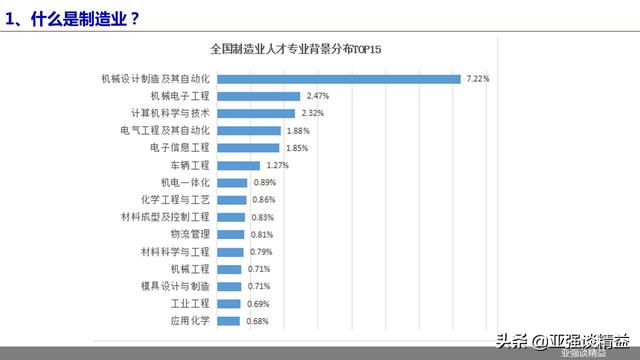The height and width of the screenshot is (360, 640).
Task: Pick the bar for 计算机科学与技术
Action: pos(254,113)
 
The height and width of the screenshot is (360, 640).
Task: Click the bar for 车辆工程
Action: pos(238,165)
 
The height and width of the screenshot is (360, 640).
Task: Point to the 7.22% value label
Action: pos(478,78)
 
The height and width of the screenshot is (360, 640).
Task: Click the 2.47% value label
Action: pos(317,96)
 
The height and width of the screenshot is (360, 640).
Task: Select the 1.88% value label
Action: pos(297,130)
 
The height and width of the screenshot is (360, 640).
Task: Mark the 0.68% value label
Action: pos(258,321)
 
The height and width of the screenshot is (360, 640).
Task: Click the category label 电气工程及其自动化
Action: pos(166,130)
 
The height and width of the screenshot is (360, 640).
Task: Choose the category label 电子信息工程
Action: pos(180,148)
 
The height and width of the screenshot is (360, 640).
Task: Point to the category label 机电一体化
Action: pos(185,182)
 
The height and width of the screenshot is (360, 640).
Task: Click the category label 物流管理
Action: pos(190,234)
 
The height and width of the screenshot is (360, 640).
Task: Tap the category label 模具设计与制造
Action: pos(176,286)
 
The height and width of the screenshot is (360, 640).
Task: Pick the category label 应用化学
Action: pos(190,321)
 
